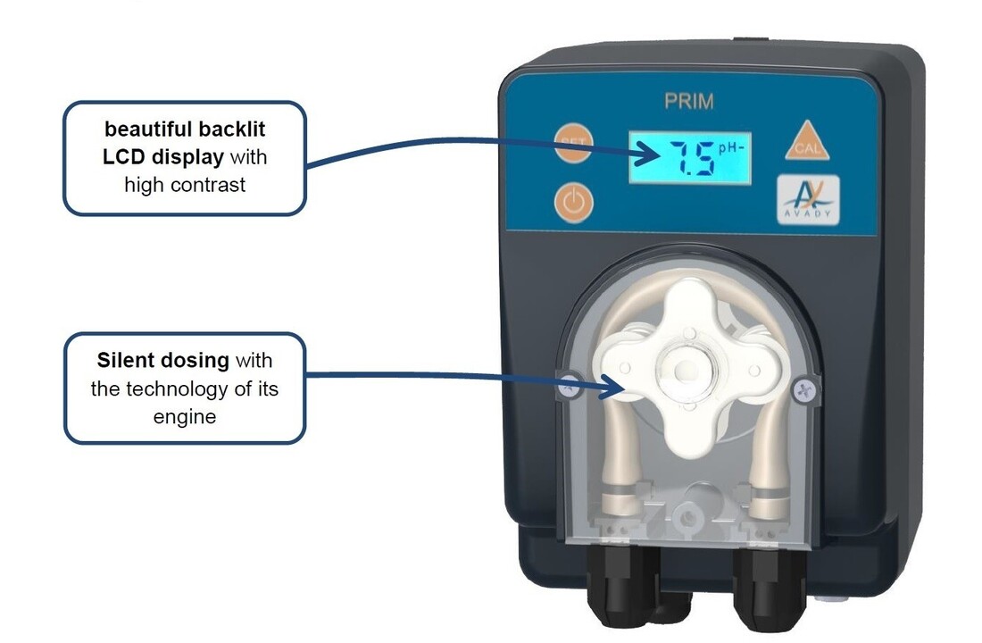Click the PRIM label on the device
coord(689,102)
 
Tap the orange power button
coord(574,203)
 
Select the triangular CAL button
coord(807,141)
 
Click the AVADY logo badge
coord(808,200)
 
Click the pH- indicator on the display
coord(731,148)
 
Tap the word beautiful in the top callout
coord(142,129)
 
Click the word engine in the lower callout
coord(185,417)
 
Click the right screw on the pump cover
coord(804,390)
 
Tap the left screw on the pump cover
coord(569,386)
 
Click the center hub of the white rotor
coord(687,369)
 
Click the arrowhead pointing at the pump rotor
coord(611,386)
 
